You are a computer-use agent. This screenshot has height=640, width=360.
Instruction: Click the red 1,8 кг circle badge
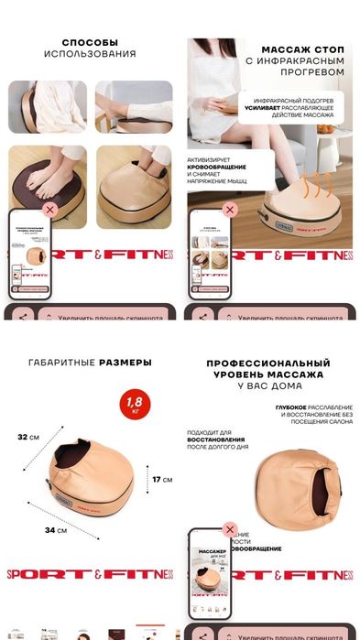coord(135,403)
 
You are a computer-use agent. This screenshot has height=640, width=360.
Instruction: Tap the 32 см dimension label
coord(28,438)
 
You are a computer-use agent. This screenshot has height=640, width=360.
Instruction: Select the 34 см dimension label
coord(55,530)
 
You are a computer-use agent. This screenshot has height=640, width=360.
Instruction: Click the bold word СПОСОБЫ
coord(90,42)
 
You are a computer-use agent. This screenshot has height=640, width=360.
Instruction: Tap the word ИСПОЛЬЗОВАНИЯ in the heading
coord(90,54)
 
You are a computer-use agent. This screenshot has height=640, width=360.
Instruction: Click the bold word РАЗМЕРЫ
coord(124,363)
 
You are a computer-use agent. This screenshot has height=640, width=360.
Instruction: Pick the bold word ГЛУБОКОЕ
coord(292,407)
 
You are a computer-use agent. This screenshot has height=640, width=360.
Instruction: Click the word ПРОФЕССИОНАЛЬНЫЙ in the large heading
coord(267,363)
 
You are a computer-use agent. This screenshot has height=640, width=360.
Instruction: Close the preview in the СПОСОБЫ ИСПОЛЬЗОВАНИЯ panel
coord(49,210)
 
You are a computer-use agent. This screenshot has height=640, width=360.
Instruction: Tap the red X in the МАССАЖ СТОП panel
coord(229,210)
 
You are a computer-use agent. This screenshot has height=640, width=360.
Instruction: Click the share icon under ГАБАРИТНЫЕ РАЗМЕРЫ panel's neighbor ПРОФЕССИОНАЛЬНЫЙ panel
coord(202,632)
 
